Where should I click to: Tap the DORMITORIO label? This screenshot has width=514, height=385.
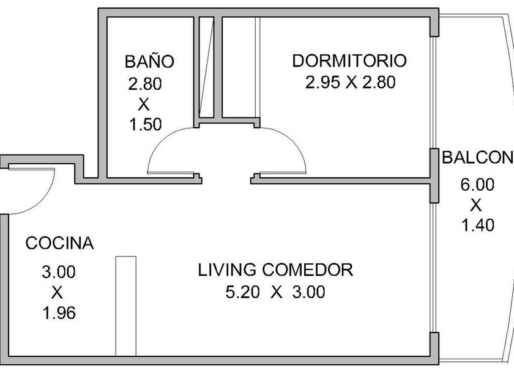coord(349,61)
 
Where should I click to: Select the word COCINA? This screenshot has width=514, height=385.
coord(59,243)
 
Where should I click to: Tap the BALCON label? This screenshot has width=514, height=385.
coord(477,158)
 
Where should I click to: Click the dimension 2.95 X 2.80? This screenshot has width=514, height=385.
coord(350,82)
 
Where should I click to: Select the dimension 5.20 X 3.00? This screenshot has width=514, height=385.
coord(275,292)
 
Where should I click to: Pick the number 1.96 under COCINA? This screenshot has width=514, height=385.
coord(59,314)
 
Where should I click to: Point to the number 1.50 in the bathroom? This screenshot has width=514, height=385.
coord(145,125)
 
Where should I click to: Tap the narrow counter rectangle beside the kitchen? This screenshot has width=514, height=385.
coord(125,306)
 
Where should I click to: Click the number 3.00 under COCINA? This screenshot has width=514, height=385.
coord(59,271)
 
